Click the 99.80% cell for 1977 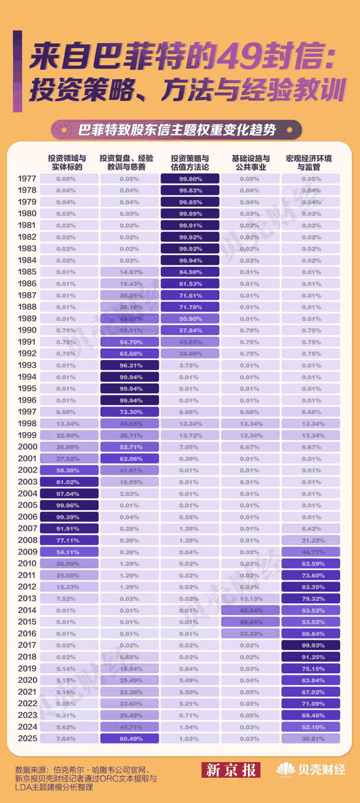pyautogui.click(x=190, y=179)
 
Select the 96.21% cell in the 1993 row pyautogui.click(x=129, y=365)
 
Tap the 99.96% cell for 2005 pyautogui.click(x=68, y=505)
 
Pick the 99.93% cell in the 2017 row pyautogui.click(x=311, y=645)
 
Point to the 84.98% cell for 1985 pyautogui.click(x=190, y=272)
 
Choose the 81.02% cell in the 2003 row pyautogui.click(x=68, y=482)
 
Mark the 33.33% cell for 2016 pyautogui.click(x=250, y=633)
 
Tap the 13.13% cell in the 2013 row pyautogui.click(x=250, y=598)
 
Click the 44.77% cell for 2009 pyautogui.click(x=311, y=552)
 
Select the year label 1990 pyautogui.click(x=26, y=330)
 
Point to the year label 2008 pyautogui.click(x=26, y=540)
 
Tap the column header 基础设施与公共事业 pyautogui.click(x=250, y=163)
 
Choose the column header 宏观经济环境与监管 pyautogui.click(x=311, y=163)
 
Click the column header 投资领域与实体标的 pyautogui.click(x=68, y=163)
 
